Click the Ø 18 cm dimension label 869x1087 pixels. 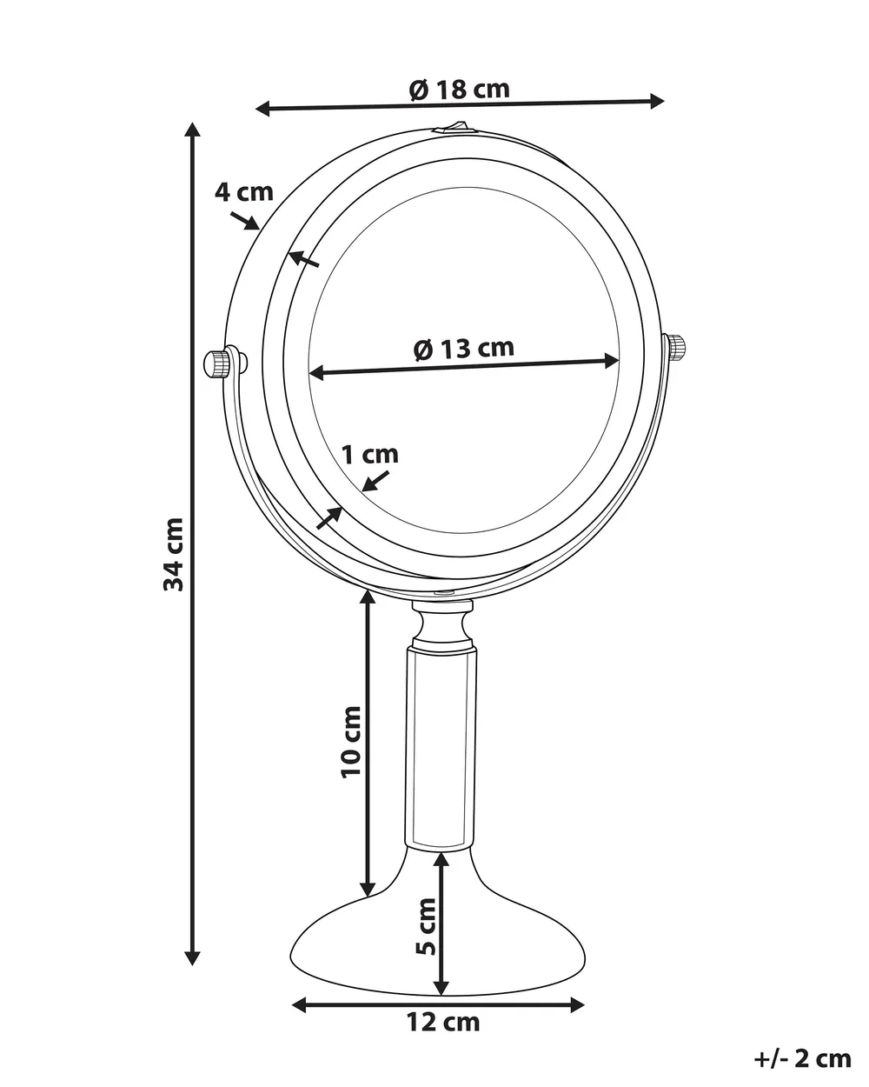pyautogui.click(x=459, y=90)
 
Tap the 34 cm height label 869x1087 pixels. pyautogui.click(x=173, y=554)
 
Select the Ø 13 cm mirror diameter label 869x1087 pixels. pyautogui.click(x=463, y=348)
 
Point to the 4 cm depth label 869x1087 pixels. pyautogui.click(x=244, y=192)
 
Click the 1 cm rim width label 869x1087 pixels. pyautogui.click(x=370, y=455)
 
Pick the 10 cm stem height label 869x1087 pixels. pyautogui.click(x=351, y=743)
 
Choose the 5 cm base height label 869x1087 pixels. pyautogui.click(x=426, y=927)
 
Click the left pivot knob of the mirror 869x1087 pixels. pyautogui.click(x=217, y=363)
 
